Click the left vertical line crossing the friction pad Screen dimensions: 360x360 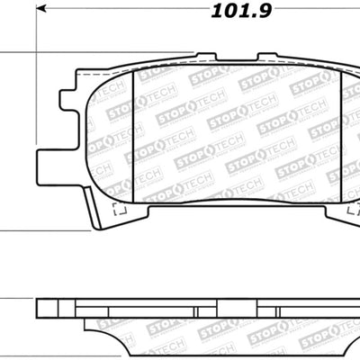[133, 135]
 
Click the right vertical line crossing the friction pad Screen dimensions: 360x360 [341, 135]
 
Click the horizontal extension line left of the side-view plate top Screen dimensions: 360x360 [18, 300]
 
